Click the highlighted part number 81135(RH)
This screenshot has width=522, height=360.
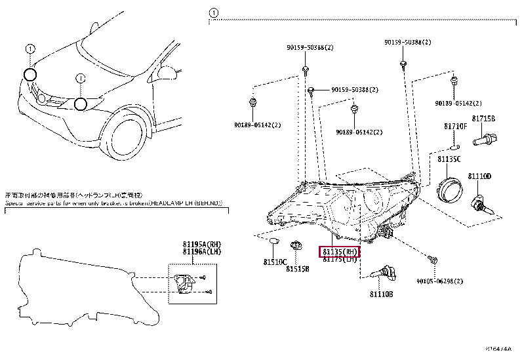pyautogui.click(x=339, y=252)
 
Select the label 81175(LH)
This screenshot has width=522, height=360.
pyautogui.click(x=339, y=260)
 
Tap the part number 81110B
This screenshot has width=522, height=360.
pyautogui.click(x=380, y=294)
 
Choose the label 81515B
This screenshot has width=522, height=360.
pyautogui.click(x=299, y=268)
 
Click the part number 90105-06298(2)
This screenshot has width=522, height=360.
pyautogui.click(x=439, y=281)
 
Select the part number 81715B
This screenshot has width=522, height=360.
pyautogui.click(x=483, y=119)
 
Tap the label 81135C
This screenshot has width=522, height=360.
pyautogui.click(x=449, y=159)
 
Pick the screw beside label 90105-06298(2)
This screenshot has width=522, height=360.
pyautogui.click(x=433, y=260)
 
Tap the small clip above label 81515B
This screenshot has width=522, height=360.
pyautogui.click(x=296, y=246)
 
